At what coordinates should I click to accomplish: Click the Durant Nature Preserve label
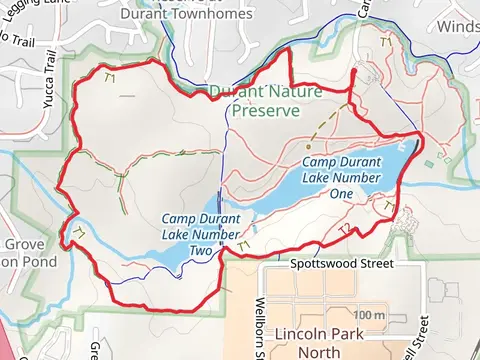tap(264, 100)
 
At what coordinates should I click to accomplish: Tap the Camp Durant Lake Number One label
tap(341, 177)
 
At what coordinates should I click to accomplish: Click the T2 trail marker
tap(344, 229)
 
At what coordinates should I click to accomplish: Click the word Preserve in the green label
tap(265, 110)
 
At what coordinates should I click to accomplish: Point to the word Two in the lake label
tap(202, 251)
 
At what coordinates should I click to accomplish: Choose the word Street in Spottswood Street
tap(373, 265)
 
